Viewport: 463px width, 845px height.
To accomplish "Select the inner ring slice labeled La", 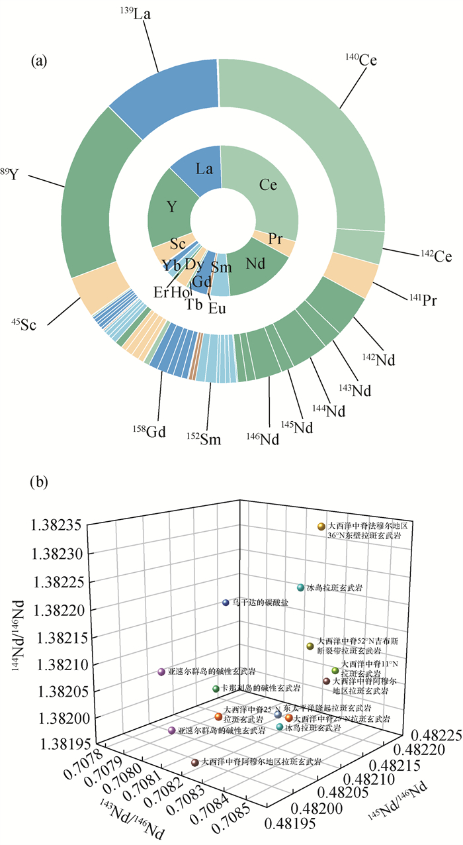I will (x=204, y=170).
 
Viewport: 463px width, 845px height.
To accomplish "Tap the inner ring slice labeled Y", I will (x=172, y=207).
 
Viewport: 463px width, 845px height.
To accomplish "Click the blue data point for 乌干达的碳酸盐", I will (x=226, y=603).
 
